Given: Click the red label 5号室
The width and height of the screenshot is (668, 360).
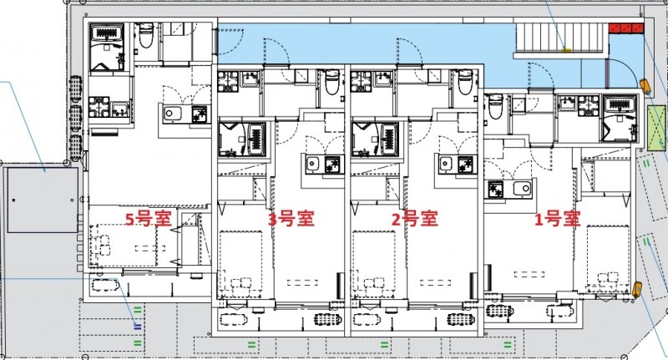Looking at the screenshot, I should coord(148,220).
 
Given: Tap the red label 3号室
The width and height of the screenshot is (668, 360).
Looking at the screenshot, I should coord(290,220).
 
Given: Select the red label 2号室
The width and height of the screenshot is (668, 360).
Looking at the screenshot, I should coord(415,220).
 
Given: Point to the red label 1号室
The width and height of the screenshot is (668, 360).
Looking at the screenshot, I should coord(557,220).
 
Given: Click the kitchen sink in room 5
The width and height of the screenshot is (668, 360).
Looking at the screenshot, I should coord(175,114).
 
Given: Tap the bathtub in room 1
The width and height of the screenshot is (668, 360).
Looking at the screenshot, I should coord(619,106).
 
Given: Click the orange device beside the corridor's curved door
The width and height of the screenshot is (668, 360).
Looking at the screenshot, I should coord(645,84).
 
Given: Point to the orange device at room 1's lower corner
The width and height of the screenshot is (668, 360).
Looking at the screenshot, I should coord(637,289).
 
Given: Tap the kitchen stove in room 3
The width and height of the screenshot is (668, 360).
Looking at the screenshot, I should coord(332,164).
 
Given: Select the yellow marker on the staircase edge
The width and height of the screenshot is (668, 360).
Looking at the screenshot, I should coord(566,49).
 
